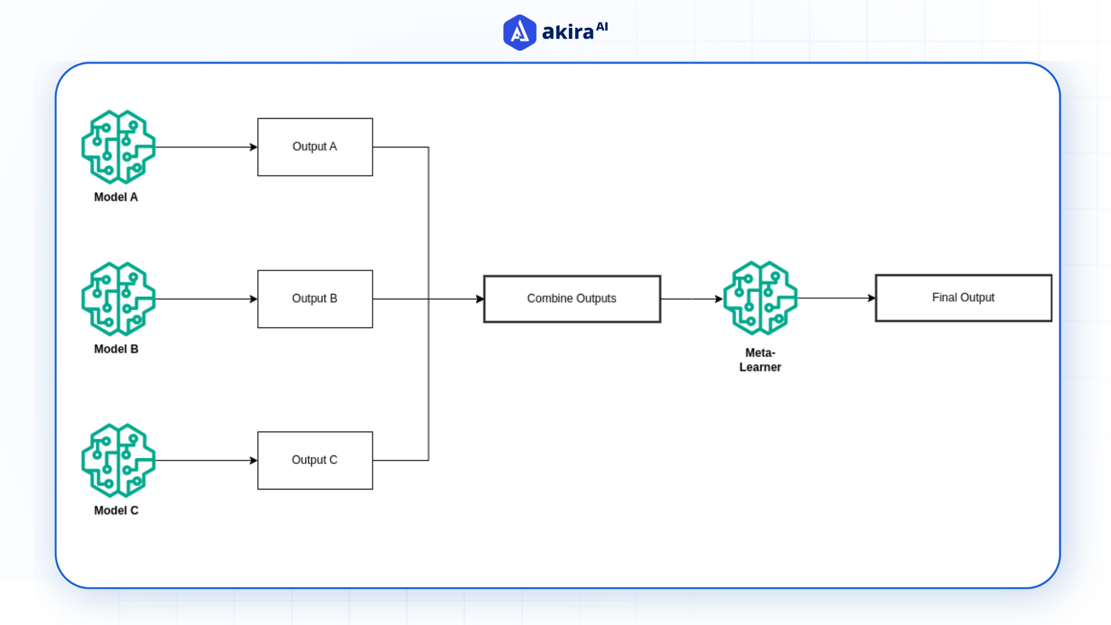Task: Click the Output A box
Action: tap(315, 147)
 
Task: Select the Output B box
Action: tap(315, 299)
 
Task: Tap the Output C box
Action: tap(315, 460)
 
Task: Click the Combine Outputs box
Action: tap(572, 299)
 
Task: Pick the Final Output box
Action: tap(963, 298)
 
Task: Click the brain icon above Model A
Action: tap(118, 147)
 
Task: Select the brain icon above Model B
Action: tap(118, 299)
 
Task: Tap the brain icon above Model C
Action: tap(118, 460)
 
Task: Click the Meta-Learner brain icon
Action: tap(760, 298)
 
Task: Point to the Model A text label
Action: tap(116, 197)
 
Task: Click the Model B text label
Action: tap(116, 349)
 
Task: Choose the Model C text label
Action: tap(116, 510)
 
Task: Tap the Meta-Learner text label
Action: tap(760, 360)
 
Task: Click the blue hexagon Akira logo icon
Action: tap(520, 32)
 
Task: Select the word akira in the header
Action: tap(568, 32)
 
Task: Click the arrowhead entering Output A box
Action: tap(253, 147)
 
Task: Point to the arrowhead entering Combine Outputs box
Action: tap(480, 299)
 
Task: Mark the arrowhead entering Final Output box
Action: tap(871, 298)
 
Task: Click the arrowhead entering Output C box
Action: tap(253, 461)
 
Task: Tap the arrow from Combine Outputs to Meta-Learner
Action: tap(691, 299)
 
